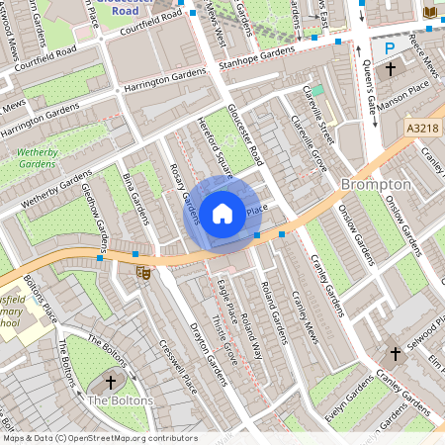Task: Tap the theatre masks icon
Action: point(142,270)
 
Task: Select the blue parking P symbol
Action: point(389,47)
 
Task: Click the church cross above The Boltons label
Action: point(110,381)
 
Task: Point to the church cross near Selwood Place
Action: point(395,352)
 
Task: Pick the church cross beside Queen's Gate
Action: point(392,70)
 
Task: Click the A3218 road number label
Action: point(422,127)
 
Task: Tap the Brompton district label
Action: point(375,185)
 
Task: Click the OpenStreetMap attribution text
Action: point(100,437)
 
